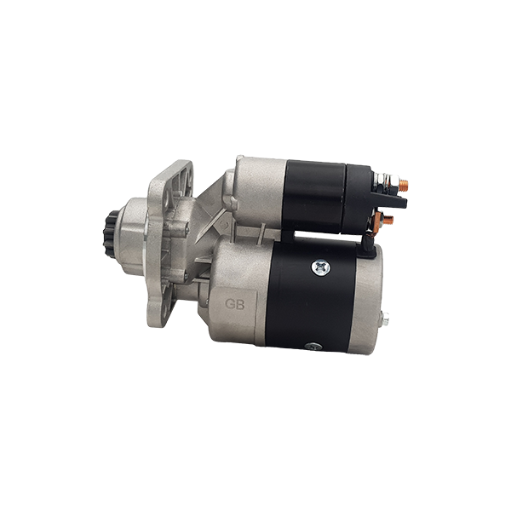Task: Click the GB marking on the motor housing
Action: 235,304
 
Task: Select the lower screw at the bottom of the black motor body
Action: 314,347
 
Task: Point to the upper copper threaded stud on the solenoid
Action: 403,184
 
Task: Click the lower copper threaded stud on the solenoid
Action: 388,220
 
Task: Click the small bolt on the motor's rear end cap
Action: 385,318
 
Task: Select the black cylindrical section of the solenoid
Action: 314,196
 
